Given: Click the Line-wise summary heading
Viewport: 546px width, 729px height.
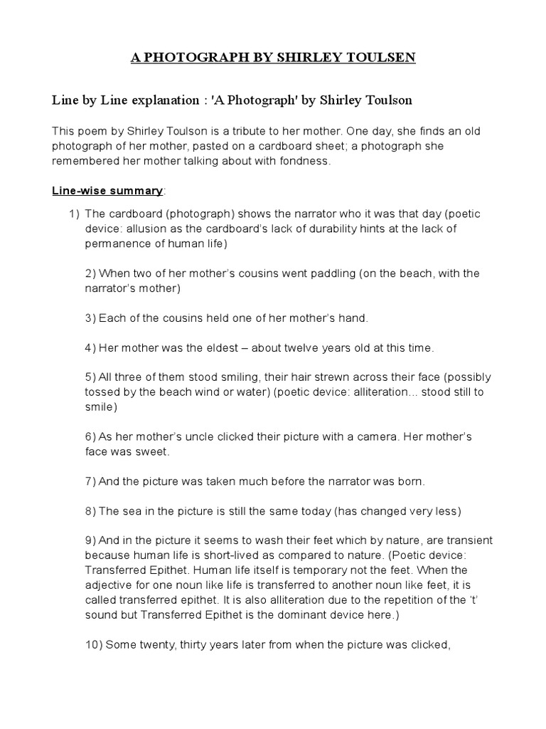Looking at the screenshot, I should click(107, 191).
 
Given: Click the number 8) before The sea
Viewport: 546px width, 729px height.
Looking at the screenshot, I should click(90, 511).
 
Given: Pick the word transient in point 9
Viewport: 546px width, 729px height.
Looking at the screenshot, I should click(466, 541).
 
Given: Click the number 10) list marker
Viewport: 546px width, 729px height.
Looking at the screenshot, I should click(94, 645).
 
